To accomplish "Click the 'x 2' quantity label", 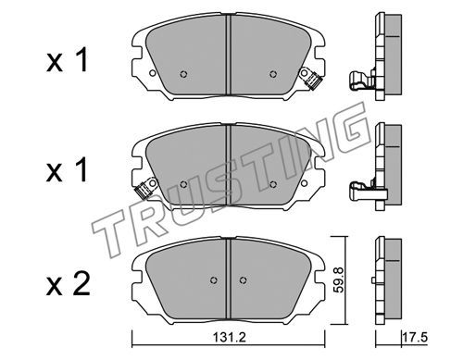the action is (68, 284).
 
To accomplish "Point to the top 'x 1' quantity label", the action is (68, 60).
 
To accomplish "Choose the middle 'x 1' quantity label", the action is (68, 170).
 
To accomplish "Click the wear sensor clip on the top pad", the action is (311, 79).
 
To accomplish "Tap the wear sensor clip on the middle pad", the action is (145, 188).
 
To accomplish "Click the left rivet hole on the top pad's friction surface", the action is (183, 74).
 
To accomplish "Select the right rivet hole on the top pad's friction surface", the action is (272, 74).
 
